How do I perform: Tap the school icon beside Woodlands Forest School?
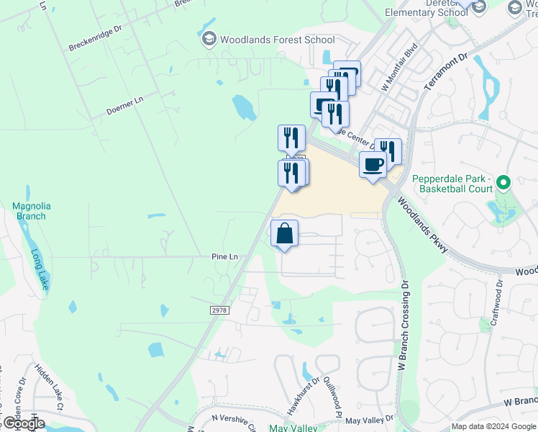point(209,39)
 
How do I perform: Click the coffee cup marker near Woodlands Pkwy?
point(373,166)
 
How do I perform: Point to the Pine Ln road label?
point(224,256)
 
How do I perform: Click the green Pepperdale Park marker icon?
point(503,184)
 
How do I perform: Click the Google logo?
point(24,423)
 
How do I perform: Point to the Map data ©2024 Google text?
point(492,426)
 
